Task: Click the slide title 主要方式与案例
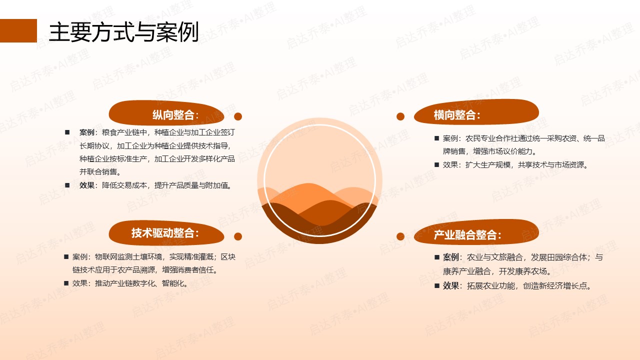tap(123, 32)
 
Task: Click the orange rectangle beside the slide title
tap(18, 30)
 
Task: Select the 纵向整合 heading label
tap(175, 115)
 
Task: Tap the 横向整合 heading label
tap(457, 115)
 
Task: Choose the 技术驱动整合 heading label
tap(165, 233)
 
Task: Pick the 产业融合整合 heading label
tap(467, 235)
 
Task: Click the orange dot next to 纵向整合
tap(238, 116)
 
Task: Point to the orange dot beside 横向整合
tap(400, 116)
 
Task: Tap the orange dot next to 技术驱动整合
tap(238, 236)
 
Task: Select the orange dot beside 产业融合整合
tap(400, 236)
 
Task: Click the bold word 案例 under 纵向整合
tap(87, 132)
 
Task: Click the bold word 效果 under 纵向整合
tap(87, 185)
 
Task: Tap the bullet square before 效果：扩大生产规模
tap(436, 164)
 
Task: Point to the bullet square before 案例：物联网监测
tap(66, 257)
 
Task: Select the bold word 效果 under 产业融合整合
tap(450, 285)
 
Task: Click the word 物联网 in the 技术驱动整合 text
tap(106, 257)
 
